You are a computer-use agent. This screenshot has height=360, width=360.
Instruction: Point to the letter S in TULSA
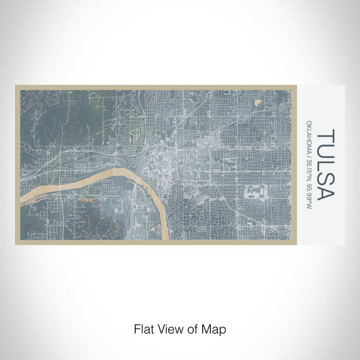pos(326,177)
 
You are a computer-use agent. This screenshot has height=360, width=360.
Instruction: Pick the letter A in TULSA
pos(326,192)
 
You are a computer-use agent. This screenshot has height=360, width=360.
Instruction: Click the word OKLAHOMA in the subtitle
pos(309,138)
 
